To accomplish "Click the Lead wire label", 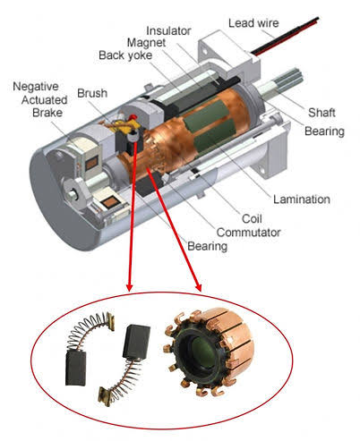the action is (x=253, y=23).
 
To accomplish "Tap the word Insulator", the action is (x=168, y=30).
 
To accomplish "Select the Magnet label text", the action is (x=146, y=43).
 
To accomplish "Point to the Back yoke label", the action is (x=125, y=55).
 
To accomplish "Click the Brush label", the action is (x=92, y=93).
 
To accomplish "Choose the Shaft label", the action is (x=321, y=113).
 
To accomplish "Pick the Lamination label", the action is (x=302, y=199).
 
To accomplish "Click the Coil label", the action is (x=252, y=218).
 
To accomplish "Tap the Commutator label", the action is (x=248, y=233).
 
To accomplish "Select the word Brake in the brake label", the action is (x=47, y=113).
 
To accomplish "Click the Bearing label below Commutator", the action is (x=207, y=246).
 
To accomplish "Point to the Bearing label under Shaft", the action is (x=324, y=131).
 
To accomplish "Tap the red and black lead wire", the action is (x=285, y=38).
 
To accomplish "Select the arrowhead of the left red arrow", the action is (x=129, y=286).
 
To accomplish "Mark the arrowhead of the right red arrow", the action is (x=199, y=287).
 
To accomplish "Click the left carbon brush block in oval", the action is (x=76, y=369).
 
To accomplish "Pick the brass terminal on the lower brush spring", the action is (x=105, y=395).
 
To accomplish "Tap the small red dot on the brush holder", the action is (x=133, y=116).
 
